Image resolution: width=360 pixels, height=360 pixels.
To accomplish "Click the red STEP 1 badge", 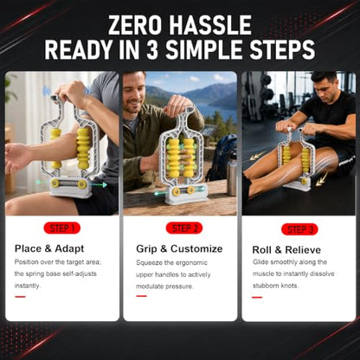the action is (x=62, y=228).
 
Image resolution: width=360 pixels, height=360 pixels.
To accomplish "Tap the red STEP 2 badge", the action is (x=184, y=228).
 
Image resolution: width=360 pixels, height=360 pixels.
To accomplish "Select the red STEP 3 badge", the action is (x=299, y=229).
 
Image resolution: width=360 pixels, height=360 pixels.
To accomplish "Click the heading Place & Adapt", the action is (x=49, y=248).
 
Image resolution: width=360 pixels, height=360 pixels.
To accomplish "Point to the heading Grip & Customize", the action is (x=179, y=248).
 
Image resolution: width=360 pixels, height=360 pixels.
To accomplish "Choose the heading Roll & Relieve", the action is (x=286, y=249).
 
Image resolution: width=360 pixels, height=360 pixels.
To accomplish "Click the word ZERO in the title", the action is (x=134, y=25).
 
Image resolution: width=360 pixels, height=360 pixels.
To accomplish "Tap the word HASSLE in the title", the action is (x=210, y=25).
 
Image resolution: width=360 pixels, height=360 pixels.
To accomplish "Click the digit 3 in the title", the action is (x=152, y=49).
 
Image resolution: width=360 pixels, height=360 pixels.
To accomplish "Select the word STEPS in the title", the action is (x=282, y=49).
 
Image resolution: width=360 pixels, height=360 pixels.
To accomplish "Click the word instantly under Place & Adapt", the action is (x=28, y=286).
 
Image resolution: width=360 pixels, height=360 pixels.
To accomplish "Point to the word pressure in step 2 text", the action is (x=181, y=286).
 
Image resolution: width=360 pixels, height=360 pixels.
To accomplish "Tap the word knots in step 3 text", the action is (x=290, y=286).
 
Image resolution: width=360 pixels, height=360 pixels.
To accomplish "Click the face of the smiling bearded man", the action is (x=133, y=93).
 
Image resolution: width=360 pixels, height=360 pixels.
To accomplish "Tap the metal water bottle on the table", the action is (x=231, y=176).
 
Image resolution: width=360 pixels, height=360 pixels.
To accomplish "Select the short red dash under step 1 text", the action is (x=20, y=297).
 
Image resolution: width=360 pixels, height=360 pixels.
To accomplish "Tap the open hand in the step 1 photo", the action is (x=16, y=157).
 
